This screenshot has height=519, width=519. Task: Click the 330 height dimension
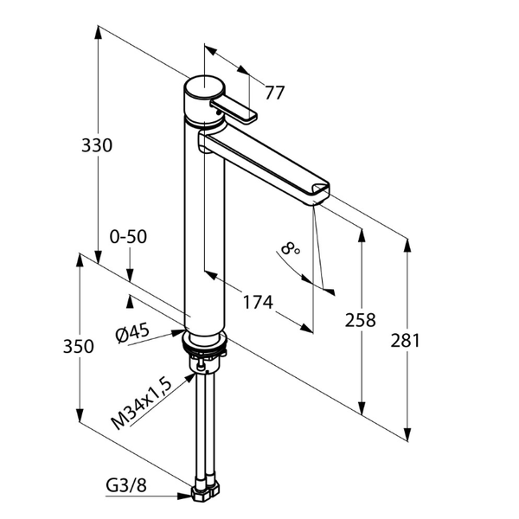coord(97,145)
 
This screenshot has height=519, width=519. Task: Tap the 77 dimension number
coord(274,93)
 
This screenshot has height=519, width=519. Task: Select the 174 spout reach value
coord(258,302)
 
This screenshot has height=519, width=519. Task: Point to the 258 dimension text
coord(361,320)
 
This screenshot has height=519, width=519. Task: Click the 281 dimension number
coord(405,341)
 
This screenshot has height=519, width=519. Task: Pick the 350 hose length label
coord(79,347)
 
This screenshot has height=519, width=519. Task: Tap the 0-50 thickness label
coord(128,237)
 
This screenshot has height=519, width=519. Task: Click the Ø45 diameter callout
coord(132,333)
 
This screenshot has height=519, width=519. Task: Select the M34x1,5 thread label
coord(142,404)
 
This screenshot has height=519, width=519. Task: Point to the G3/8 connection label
coord(126,486)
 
